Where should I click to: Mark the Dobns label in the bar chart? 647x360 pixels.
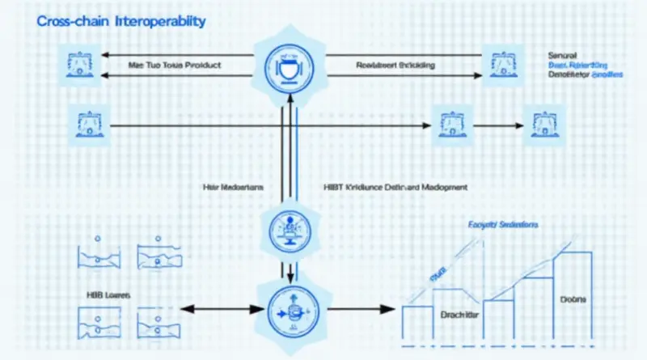coord(573,299)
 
